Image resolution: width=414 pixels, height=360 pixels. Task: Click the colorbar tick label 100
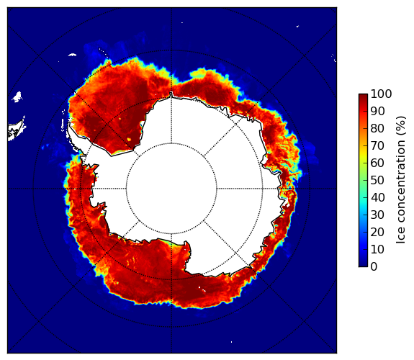[x=381, y=94]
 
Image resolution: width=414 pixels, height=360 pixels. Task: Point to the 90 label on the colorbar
[x=377, y=111]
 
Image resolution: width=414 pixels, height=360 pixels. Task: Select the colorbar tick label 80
[x=377, y=129]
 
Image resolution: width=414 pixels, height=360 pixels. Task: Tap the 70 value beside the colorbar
[x=377, y=145]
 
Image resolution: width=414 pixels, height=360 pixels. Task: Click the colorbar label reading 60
[x=377, y=163]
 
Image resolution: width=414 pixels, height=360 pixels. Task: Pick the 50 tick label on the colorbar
[x=377, y=181]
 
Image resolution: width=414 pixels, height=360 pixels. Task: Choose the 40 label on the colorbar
[x=377, y=197]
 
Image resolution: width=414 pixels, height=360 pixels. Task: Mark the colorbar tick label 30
[x=377, y=215]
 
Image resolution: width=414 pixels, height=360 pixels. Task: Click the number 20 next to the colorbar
[x=377, y=232]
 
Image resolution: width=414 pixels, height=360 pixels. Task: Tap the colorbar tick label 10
[x=377, y=249]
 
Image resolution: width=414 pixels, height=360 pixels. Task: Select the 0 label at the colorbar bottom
[x=374, y=267]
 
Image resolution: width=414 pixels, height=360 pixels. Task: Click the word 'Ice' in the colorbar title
[x=400, y=237]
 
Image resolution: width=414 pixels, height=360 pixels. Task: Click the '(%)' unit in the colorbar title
[x=400, y=126]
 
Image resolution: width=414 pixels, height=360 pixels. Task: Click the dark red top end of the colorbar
[x=363, y=96]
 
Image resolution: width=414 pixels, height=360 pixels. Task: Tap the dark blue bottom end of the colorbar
[x=363, y=265]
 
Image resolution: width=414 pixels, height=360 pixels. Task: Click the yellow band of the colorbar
[x=363, y=158]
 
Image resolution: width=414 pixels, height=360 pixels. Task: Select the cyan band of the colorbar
[x=363, y=201]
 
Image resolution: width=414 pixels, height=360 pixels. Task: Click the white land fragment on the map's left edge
[x=15, y=131]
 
